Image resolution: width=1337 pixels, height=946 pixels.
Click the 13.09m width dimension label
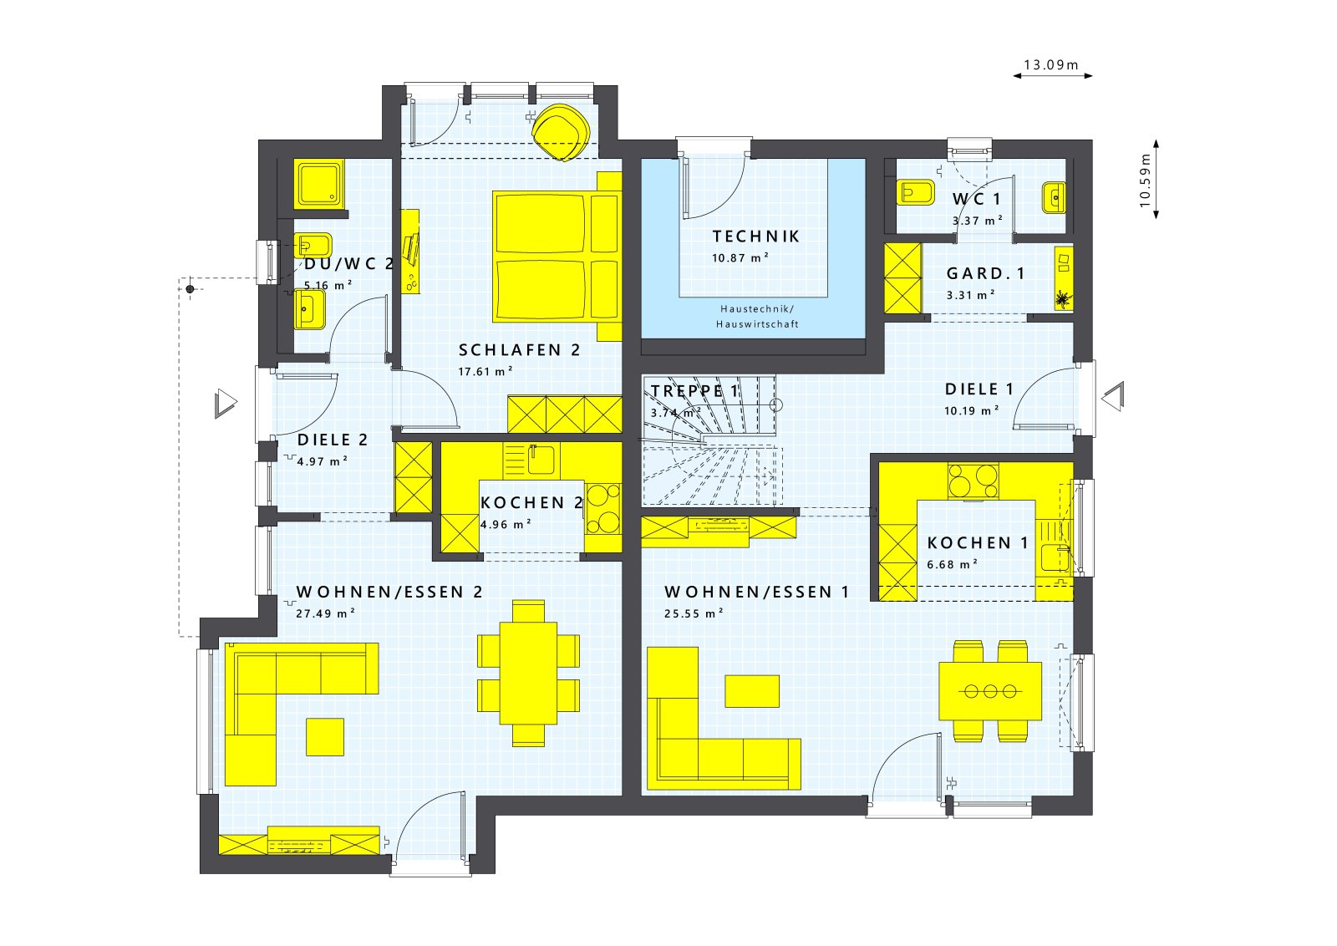[x=1051, y=64]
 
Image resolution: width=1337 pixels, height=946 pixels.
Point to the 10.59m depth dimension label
[x=1145, y=180]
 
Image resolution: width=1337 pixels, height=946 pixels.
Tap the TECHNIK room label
[x=755, y=237]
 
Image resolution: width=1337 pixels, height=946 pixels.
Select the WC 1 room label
[x=976, y=199]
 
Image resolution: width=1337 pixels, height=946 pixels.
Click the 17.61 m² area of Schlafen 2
[x=485, y=371]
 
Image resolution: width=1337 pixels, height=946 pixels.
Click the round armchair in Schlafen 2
[x=561, y=130]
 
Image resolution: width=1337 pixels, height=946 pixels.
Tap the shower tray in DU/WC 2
[x=318, y=184]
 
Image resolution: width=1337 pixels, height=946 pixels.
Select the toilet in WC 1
[x=915, y=193]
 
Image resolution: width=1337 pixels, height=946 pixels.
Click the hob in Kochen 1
[x=973, y=481]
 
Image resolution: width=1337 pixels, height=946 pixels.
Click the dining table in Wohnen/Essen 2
[x=528, y=673]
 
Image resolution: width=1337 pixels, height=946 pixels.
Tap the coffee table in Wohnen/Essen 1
[x=751, y=690]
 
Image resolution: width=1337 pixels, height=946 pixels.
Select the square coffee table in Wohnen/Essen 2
[x=324, y=736]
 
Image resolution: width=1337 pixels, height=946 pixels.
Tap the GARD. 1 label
[x=985, y=273]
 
